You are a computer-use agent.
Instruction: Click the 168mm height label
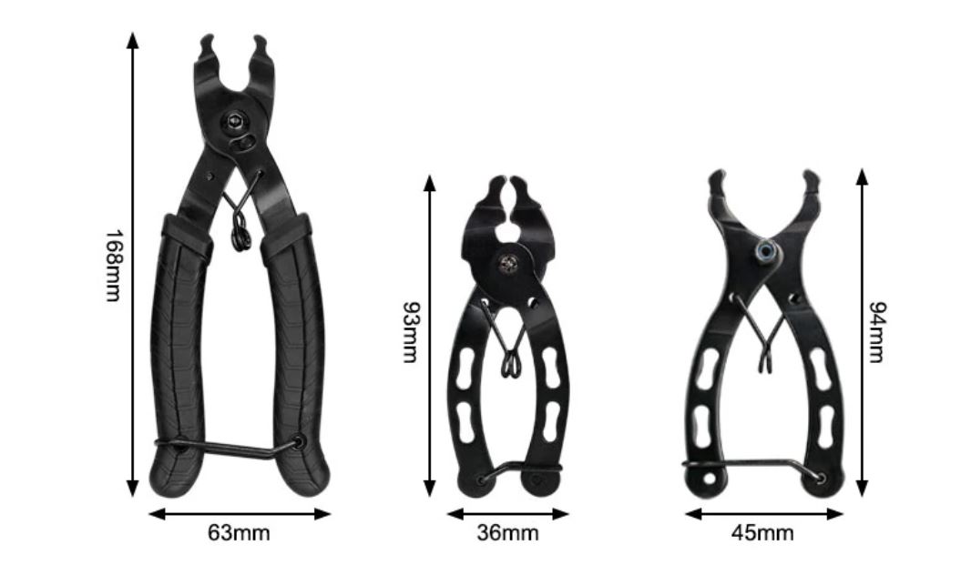pos(113,266)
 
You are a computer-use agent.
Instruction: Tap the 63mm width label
pos(239,532)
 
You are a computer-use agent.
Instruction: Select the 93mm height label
pos(411,332)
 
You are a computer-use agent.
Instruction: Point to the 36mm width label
pos(507,532)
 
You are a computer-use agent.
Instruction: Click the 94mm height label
pos(878,332)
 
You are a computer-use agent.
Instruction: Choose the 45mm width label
pos(762,532)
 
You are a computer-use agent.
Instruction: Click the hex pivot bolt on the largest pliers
pos(235,120)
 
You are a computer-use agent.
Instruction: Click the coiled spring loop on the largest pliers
pos(240,232)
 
